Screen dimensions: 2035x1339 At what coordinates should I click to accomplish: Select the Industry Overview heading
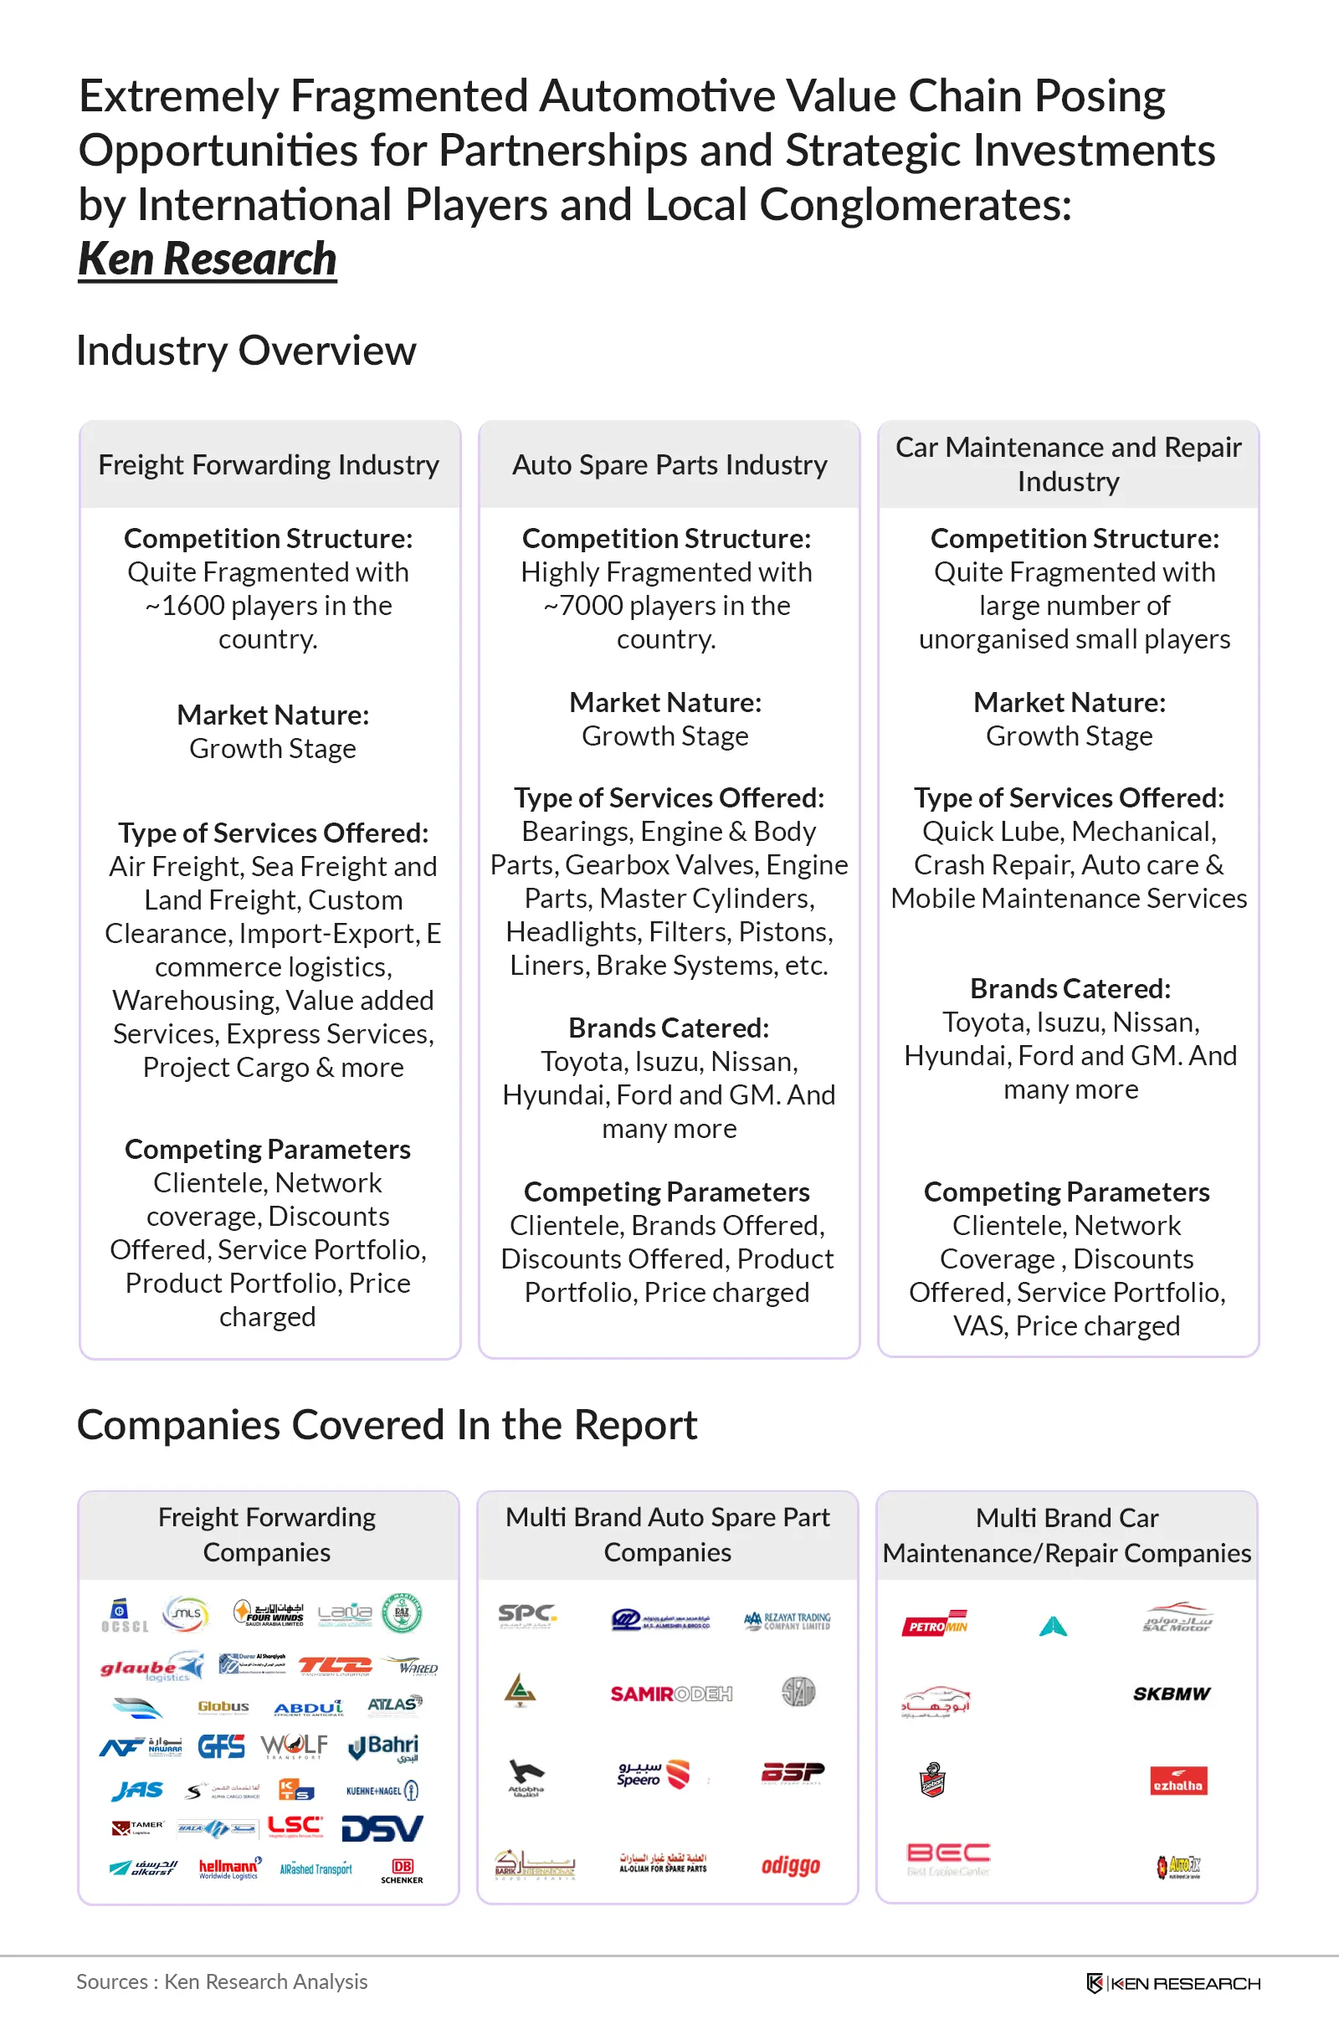tap(246, 351)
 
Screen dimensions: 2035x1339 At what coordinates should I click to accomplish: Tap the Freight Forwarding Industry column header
tap(269, 465)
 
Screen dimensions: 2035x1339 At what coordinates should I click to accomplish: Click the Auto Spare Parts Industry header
tap(669, 465)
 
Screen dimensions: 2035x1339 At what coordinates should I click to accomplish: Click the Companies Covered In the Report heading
tap(387, 1425)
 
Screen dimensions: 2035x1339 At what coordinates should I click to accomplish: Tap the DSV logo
tap(382, 1829)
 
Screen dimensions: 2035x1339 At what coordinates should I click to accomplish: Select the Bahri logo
tap(384, 1746)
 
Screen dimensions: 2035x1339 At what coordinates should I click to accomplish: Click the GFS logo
tap(222, 1746)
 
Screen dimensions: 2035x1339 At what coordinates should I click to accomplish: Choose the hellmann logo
tap(229, 1868)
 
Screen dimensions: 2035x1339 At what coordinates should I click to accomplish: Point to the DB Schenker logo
tap(402, 1870)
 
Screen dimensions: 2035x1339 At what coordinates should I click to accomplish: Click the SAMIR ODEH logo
tap(670, 1694)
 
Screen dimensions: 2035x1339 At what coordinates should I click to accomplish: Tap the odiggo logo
tap(791, 1866)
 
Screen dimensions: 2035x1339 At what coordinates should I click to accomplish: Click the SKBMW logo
tap(1172, 1694)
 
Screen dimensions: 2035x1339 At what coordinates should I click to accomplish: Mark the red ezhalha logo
tap(1177, 1781)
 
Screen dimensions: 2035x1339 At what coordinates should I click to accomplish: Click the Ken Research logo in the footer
tap(1173, 1983)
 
